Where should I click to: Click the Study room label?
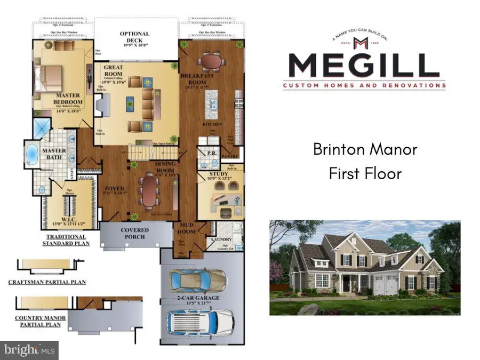219,174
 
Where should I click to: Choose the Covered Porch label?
134,234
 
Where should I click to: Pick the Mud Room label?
186,229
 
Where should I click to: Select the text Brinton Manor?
365,149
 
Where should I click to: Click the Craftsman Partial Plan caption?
48,282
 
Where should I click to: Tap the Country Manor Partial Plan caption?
41,322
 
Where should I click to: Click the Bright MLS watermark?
30,350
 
